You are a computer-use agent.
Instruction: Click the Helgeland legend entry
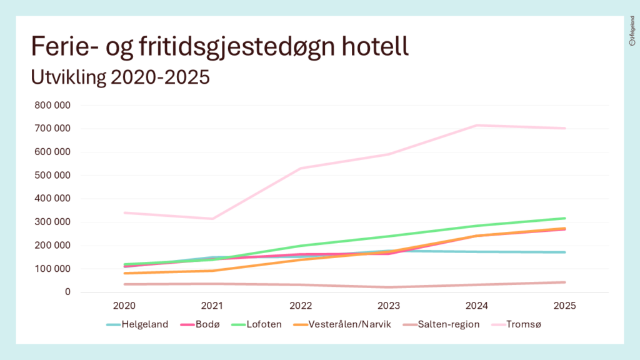point(137,324)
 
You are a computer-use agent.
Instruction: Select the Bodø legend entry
point(200,324)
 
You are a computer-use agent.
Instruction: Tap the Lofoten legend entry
point(256,324)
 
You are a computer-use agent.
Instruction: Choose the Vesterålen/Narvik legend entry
point(342,324)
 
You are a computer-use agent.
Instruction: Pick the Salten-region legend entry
point(441,324)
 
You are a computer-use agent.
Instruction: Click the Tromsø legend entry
point(516,324)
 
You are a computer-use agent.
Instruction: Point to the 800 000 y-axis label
point(52,105)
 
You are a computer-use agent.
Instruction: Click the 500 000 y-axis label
point(52,176)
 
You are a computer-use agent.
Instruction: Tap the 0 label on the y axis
point(67,292)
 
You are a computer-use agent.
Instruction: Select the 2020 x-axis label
point(124,306)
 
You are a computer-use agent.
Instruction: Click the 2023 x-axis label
point(389,306)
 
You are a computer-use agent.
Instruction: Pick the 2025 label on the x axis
point(564,306)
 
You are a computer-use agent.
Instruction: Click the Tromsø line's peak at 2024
point(477,125)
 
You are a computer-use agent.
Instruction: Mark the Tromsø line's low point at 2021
point(212,219)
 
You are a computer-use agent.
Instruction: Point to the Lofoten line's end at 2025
point(565,218)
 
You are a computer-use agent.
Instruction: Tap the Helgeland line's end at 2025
point(565,252)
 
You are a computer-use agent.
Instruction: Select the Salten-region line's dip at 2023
point(389,287)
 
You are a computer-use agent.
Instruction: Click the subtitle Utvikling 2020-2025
point(121,77)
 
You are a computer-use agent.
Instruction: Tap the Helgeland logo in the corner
point(632,31)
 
